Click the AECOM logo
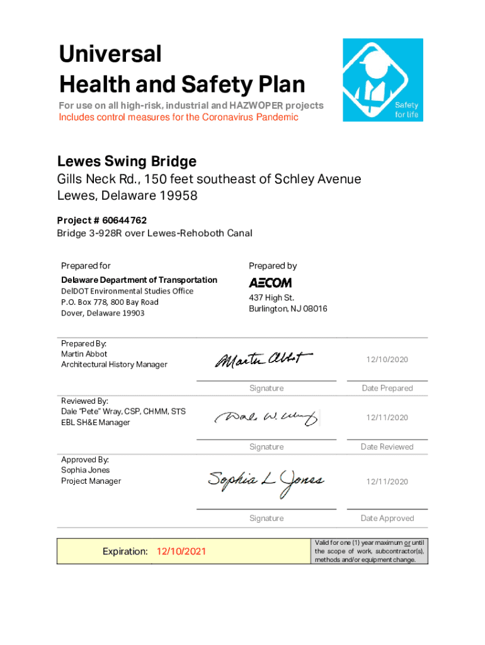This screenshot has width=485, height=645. pyautogui.click(x=270, y=283)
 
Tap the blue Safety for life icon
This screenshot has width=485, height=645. pyautogui.click(x=382, y=80)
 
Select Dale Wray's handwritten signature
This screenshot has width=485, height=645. pyautogui.click(x=266, y=418)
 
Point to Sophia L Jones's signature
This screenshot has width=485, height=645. pyautogui.click(x=266, y=481)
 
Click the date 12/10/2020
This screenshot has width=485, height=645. pyautogui.click(x=387, y=360)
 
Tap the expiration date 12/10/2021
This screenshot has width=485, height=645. pyautogui.click(x=181, y=552)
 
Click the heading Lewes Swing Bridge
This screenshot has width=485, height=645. pyautogui.click(x=127, y=161)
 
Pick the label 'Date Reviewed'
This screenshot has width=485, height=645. pyautogui.click(x=387, y=447)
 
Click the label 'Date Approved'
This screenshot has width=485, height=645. pyautogui.click(x=387, y=518)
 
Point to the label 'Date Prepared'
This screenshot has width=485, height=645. pyautogui.click(x=387, y=388)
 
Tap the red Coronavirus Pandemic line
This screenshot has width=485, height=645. pyautogui.click(x=178, y=117)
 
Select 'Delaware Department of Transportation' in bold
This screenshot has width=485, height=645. pyautogui.click(x=139, y=280)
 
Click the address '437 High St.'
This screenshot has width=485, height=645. pyautogui.click(x=271, y=297)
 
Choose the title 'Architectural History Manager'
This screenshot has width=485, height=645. pyautogui.click(x=114, y=365)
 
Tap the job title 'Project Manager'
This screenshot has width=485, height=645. pyautogui.click(x=91, y=481)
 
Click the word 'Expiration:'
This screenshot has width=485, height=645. pyautogui.click(x=125, y=552)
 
